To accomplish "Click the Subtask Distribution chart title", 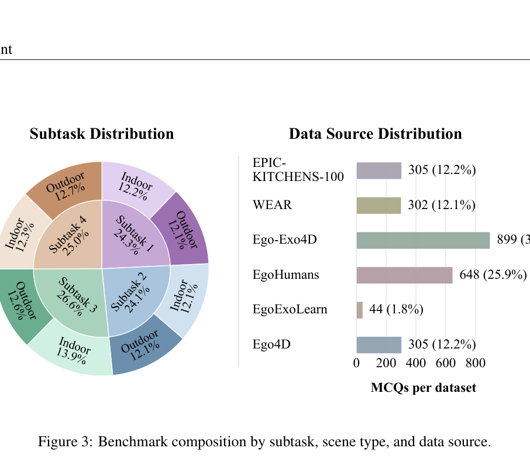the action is pyautogui.click(x=102, y=134).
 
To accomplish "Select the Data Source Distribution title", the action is pyautogui.click(x=375, y=134).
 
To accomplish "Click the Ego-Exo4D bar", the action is pyautogui.click(x=423, y=240).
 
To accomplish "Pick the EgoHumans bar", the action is pyautogui.click(x=405, y=275).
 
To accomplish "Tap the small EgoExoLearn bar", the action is pyautogui.click(x=360, y=310).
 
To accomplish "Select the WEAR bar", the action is pyautogui.click(x=379, y=206).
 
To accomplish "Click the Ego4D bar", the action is pyautogui.click(x=379, y=345).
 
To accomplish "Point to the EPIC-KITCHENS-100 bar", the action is pyautogui.click(x=379, y=170).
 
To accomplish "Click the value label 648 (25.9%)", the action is pyautogui.click(x=493, y=275).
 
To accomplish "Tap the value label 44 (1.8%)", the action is pyautogui.click(x=396, y=309).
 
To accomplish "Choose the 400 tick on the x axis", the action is pyautogui.click(x=416, y=363).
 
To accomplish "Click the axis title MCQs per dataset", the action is pyautogui.click(x=423, y=388).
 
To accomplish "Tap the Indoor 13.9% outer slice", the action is pyautogui.click(x=73, y=350).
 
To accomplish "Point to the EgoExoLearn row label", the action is pyautogui.click(x=290, y=309).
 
